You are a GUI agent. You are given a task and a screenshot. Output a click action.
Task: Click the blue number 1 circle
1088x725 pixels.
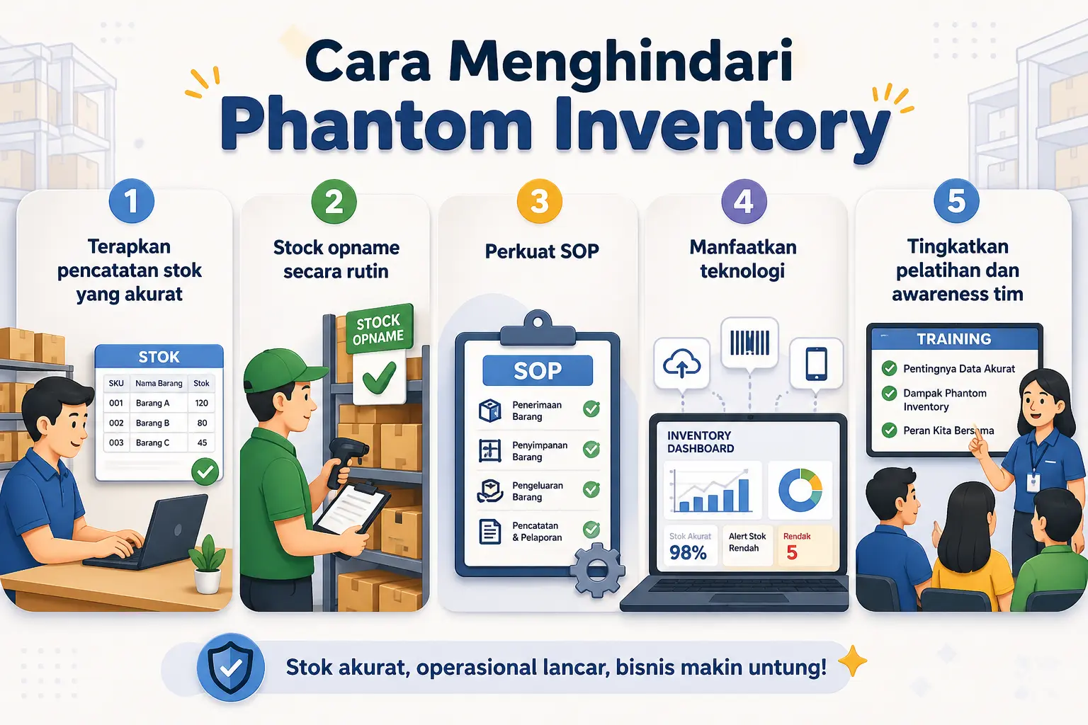pyautogui.click(x=132, y=201)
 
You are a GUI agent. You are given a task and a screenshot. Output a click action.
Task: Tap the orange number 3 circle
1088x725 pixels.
pyautogui.click(x=540, y=202)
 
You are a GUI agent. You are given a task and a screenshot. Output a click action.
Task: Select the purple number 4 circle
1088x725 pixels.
pyautogui.click(x=743, y=202)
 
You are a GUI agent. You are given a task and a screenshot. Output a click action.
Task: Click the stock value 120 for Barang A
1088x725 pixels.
pyautogui.click(x=202, y=403)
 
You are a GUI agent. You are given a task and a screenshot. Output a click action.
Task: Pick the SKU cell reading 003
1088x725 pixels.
pyautogui.click(x=116, y=443)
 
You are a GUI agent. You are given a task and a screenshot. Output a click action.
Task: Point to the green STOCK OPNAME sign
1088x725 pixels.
pyautogui.click(x=379, y=329)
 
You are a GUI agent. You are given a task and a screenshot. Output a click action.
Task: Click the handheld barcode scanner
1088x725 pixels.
pyautogui.click(x=344, y=457)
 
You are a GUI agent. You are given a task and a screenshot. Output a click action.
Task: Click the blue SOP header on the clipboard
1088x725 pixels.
pyautogui.click(x=538, y=370)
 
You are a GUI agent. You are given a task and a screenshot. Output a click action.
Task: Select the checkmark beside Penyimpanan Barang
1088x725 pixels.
pyautogui.click(x=591, y=449)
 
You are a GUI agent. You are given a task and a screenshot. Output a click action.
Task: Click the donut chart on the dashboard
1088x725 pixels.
pyautogui.click(x=800, y=489)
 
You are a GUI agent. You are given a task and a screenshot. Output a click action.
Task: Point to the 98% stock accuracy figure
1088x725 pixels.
pyautogui.click(x=688, y=553)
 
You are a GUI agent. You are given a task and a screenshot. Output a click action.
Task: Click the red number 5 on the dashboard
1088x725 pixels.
pyautogui.click(x=792, y=553)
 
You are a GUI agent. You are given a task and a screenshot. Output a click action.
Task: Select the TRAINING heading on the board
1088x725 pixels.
pyautogui.click(x=953, y=338)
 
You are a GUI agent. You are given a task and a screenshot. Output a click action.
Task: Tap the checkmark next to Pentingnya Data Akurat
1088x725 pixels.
pyautogui.click(x=889, y=368)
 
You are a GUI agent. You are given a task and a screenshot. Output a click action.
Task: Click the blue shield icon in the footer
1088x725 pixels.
pyautogui.click(x=230, y=667)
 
